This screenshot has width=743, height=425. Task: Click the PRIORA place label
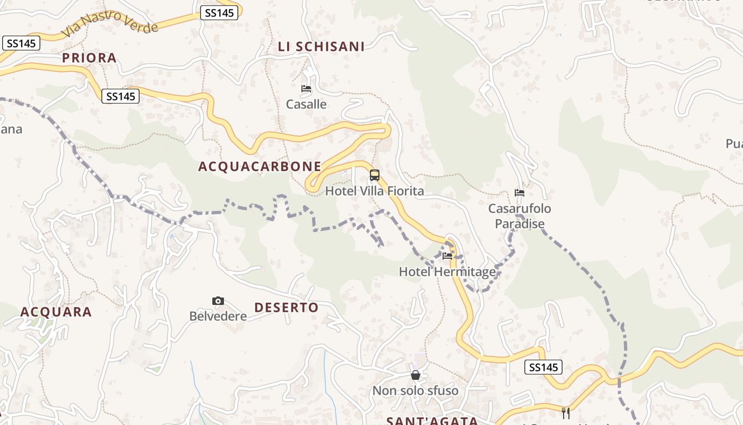tap(89, 58)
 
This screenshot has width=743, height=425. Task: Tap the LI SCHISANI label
tap(322, 47)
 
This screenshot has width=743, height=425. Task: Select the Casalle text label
tap(306, 104)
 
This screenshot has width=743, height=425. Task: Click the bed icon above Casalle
tap(306, 89)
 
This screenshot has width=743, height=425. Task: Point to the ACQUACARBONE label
tap(260, 167)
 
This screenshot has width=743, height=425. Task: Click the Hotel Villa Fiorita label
tap(375, 191)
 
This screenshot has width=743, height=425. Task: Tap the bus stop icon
tap(375, 175)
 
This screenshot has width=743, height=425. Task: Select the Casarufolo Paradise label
tap(520, 216)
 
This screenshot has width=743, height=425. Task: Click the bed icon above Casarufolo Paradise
tap(520, 193)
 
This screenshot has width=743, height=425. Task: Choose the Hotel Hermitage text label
tap(447, 272)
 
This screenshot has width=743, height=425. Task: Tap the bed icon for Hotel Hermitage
tap(447, 256)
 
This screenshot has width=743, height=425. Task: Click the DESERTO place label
tap(287, 308)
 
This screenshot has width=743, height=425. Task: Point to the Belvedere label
tap(218, 317)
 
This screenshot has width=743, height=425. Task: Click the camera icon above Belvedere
tap(218, 301)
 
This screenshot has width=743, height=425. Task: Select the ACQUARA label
tap(56, 312)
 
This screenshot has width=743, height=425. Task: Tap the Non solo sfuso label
tap(416, 391)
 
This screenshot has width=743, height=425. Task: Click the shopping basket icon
tap(416, 376)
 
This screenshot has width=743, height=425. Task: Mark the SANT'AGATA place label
tap(432, 421)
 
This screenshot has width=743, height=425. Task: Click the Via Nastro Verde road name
tap(110, 24)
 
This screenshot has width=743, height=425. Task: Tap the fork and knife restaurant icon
tap(566, 413)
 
